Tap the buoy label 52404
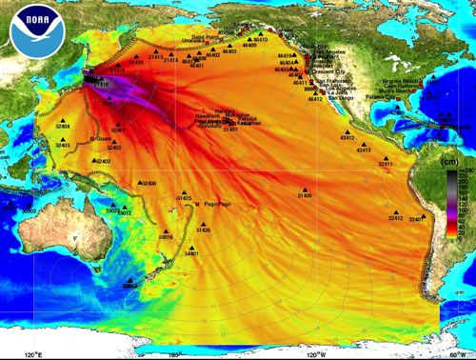pos(63,126)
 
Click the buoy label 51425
pos(184,197)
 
